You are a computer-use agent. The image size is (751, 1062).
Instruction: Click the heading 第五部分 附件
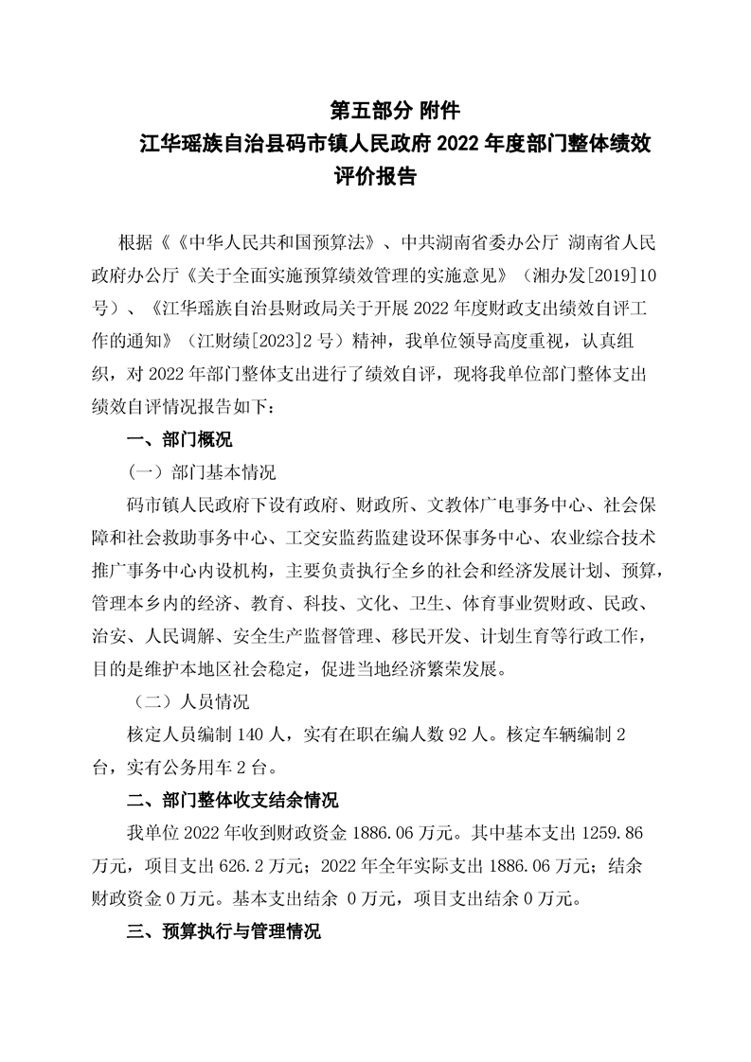[x=395, y=111]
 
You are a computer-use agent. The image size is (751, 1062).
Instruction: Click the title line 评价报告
[x=376, y=177]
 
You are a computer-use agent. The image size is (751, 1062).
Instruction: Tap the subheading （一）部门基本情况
[x=202, y=471]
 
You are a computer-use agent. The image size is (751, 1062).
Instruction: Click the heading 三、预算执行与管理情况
[x=224, y=932]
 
